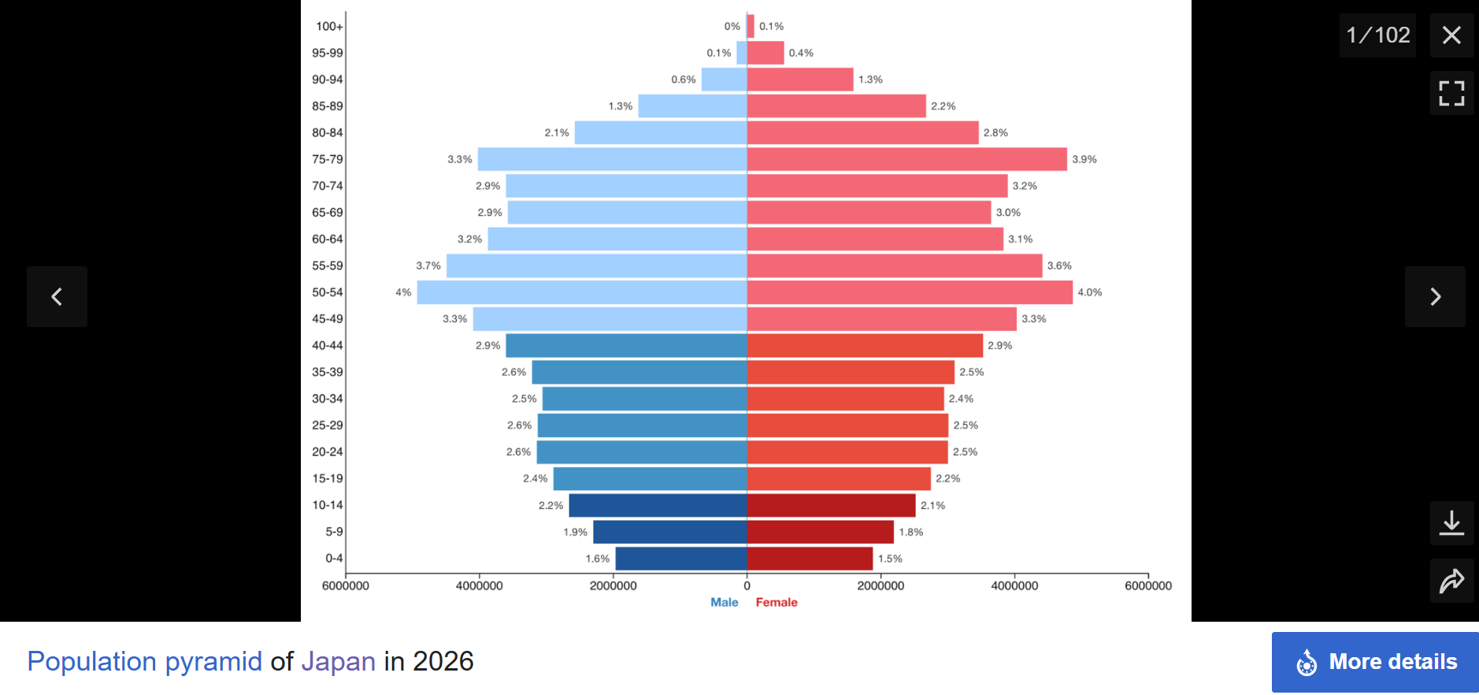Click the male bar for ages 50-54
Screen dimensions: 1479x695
[x=582, y=292]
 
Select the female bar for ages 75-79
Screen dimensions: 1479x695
[x=907, y=159]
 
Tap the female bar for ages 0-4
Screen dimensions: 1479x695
[x=810, y=559]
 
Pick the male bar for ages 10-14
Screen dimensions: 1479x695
[x=658, y=505]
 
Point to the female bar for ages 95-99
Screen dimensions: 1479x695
[x=765, y=53]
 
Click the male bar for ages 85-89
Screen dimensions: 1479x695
[x=692, y=106]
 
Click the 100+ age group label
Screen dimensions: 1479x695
[x=329, y=26]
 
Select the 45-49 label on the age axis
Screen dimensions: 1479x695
[x=328, y=319]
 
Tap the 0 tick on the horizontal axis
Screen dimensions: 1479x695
[x=747, y=585]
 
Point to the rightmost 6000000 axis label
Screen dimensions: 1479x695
[x=1148, y=585]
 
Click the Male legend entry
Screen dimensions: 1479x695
[x=725, y=602]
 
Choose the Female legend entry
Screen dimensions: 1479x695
[x=777, y=602]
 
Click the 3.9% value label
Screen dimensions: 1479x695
[x=1084, y=159]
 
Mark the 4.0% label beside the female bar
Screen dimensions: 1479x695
[x=1090, y=292]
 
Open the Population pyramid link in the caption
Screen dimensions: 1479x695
[x=145, y=661]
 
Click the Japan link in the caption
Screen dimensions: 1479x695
[x=339, y=661]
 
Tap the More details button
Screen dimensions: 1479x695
[x=1375, y=662]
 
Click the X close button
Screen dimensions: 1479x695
[x=1451, y=35]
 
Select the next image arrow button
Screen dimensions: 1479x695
[x=1435, y=296]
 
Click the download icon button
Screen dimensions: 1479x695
[x=1451, y=523]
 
